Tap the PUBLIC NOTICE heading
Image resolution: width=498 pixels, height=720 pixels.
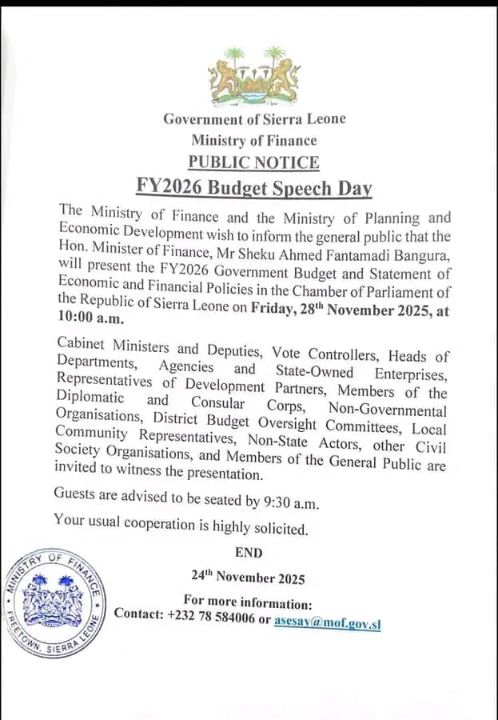253,162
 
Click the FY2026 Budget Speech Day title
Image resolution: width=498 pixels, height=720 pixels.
254,189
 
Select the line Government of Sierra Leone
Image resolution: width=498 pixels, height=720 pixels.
254,119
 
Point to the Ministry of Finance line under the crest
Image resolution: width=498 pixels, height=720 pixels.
253,141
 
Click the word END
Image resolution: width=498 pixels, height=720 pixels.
249,552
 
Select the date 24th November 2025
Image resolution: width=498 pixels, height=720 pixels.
248,577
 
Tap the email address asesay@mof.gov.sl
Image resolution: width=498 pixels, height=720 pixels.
327,621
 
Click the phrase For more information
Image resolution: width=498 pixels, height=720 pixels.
248,602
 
